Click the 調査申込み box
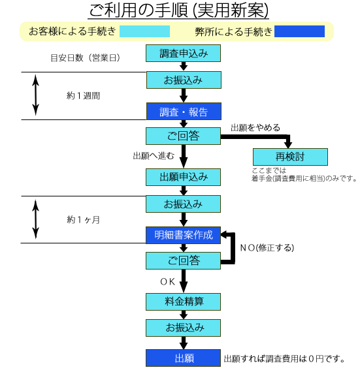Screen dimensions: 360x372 [x=183, y=53]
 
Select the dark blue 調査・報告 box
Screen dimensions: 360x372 [x=184, y=111]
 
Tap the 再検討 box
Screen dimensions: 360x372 [x=290, y=157]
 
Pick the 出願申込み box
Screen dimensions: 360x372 [x=183, y=177]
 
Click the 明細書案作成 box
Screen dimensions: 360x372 [x=183, y=235]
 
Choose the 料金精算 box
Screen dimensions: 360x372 [x=183, y=302]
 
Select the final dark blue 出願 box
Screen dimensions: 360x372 [x=183, y=358]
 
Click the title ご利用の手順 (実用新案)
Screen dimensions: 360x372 [x=178, y=10]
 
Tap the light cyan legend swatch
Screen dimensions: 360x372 [x=144, y=31]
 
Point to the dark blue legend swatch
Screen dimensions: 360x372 [x=299, y=31]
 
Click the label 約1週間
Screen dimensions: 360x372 [x=83, y=96]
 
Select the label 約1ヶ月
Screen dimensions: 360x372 [x=83, y=220]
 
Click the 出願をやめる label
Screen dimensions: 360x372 [x=255, y=128]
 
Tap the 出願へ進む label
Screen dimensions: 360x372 [x=154, y=156]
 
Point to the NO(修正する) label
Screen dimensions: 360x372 [x=267, y=248]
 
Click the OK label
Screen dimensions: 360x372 [x=168, y=282]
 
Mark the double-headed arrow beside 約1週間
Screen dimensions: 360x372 [x=36, y=95]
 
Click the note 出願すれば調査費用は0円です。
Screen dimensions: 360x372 [x=284, y=359]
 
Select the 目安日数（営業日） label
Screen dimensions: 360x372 [x=85, y=58]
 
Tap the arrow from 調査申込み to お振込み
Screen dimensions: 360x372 [x=184, y=67]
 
